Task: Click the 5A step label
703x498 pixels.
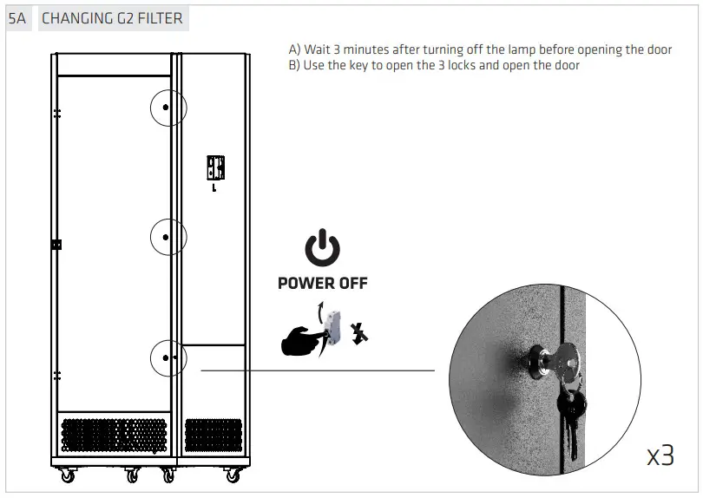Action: [17, 18]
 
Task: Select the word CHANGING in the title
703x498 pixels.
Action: [76, 18]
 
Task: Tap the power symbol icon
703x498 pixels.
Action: [322, 249]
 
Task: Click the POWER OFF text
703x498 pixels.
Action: [322, 283]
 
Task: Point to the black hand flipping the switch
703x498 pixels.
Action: [300, 339]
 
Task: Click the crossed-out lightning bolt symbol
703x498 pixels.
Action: [358, 333]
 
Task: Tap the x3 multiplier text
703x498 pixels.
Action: [660, 455]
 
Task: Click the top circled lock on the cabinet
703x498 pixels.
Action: [167, 108]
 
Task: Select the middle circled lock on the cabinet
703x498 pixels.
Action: [167, 235]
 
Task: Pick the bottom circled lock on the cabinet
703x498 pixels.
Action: [167, 357]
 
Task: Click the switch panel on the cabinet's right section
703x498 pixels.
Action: [214, 167]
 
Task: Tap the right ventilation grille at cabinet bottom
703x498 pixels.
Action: [213, 436]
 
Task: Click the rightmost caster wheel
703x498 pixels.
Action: [233, 475]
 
